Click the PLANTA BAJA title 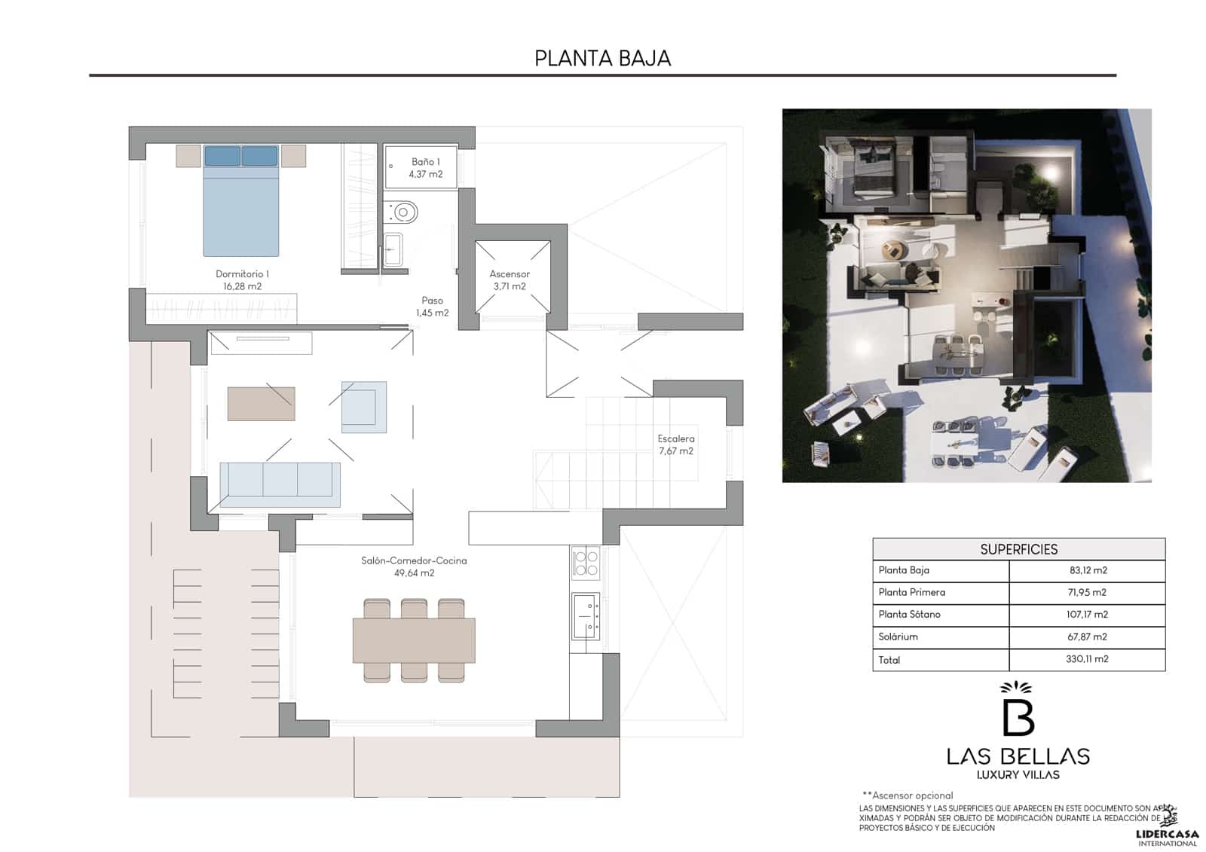[x=602, y=58]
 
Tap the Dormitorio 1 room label [x=242, y=279]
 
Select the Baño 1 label [x=425, y=167]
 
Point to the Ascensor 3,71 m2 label [x=510, y=280]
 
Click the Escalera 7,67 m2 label [x=675, y=444]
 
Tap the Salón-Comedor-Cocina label [x=414, y=566]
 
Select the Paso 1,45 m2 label [x=432, y=307]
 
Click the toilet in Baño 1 [x=403, y=212]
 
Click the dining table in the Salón [x=414, y=640]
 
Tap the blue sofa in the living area [x=280, y=484]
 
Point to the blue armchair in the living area [x=363, y=407]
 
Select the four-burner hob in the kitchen [x=586, y=563]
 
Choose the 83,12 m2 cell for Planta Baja [x=1088, y=570]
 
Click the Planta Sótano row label [x=909, y=615]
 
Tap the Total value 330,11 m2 [x=1087, y=659]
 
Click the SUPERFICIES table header [x=1018, y=549]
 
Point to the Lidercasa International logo [x=1167, y=826]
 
